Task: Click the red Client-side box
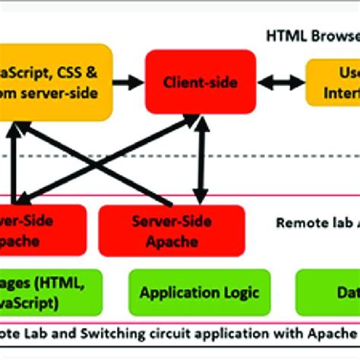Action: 200,82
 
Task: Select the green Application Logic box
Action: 200,292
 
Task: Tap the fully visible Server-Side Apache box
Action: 172,230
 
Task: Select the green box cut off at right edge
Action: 327,292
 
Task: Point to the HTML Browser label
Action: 312,36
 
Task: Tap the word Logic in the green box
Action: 240,292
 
